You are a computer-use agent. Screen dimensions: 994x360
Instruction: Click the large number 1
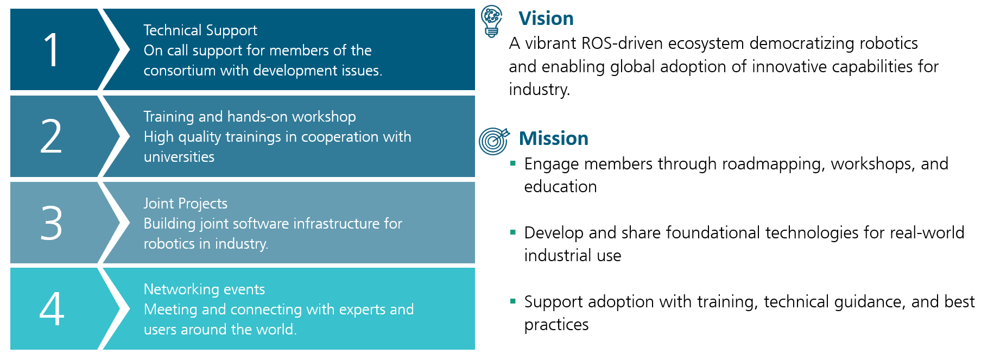[52, 50]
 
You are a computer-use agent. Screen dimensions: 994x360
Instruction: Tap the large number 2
[52, 136]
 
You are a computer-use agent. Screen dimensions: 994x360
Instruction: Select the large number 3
[52, 223]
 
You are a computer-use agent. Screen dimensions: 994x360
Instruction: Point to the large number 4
[52, 309]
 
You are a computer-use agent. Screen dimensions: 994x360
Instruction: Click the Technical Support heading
[200, 30]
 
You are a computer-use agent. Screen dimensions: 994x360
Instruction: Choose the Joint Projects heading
[185, 204]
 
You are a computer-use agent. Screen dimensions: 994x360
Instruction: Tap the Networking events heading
[204, 289]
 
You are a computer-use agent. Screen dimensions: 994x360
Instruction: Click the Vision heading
[546, 18]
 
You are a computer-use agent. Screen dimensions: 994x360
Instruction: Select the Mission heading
[553, 138]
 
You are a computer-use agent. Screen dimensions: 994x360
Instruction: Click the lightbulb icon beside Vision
[492, 21]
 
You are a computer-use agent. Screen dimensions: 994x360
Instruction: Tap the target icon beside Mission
[493, 141]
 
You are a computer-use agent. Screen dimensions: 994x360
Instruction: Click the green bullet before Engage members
[512, 163]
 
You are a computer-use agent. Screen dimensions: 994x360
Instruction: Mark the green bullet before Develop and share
[512, 232]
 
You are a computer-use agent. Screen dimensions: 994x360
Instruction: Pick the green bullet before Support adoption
[512, 301]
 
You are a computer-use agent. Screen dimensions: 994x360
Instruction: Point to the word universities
[179, 157]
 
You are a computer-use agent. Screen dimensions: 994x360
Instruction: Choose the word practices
[556, 325]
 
